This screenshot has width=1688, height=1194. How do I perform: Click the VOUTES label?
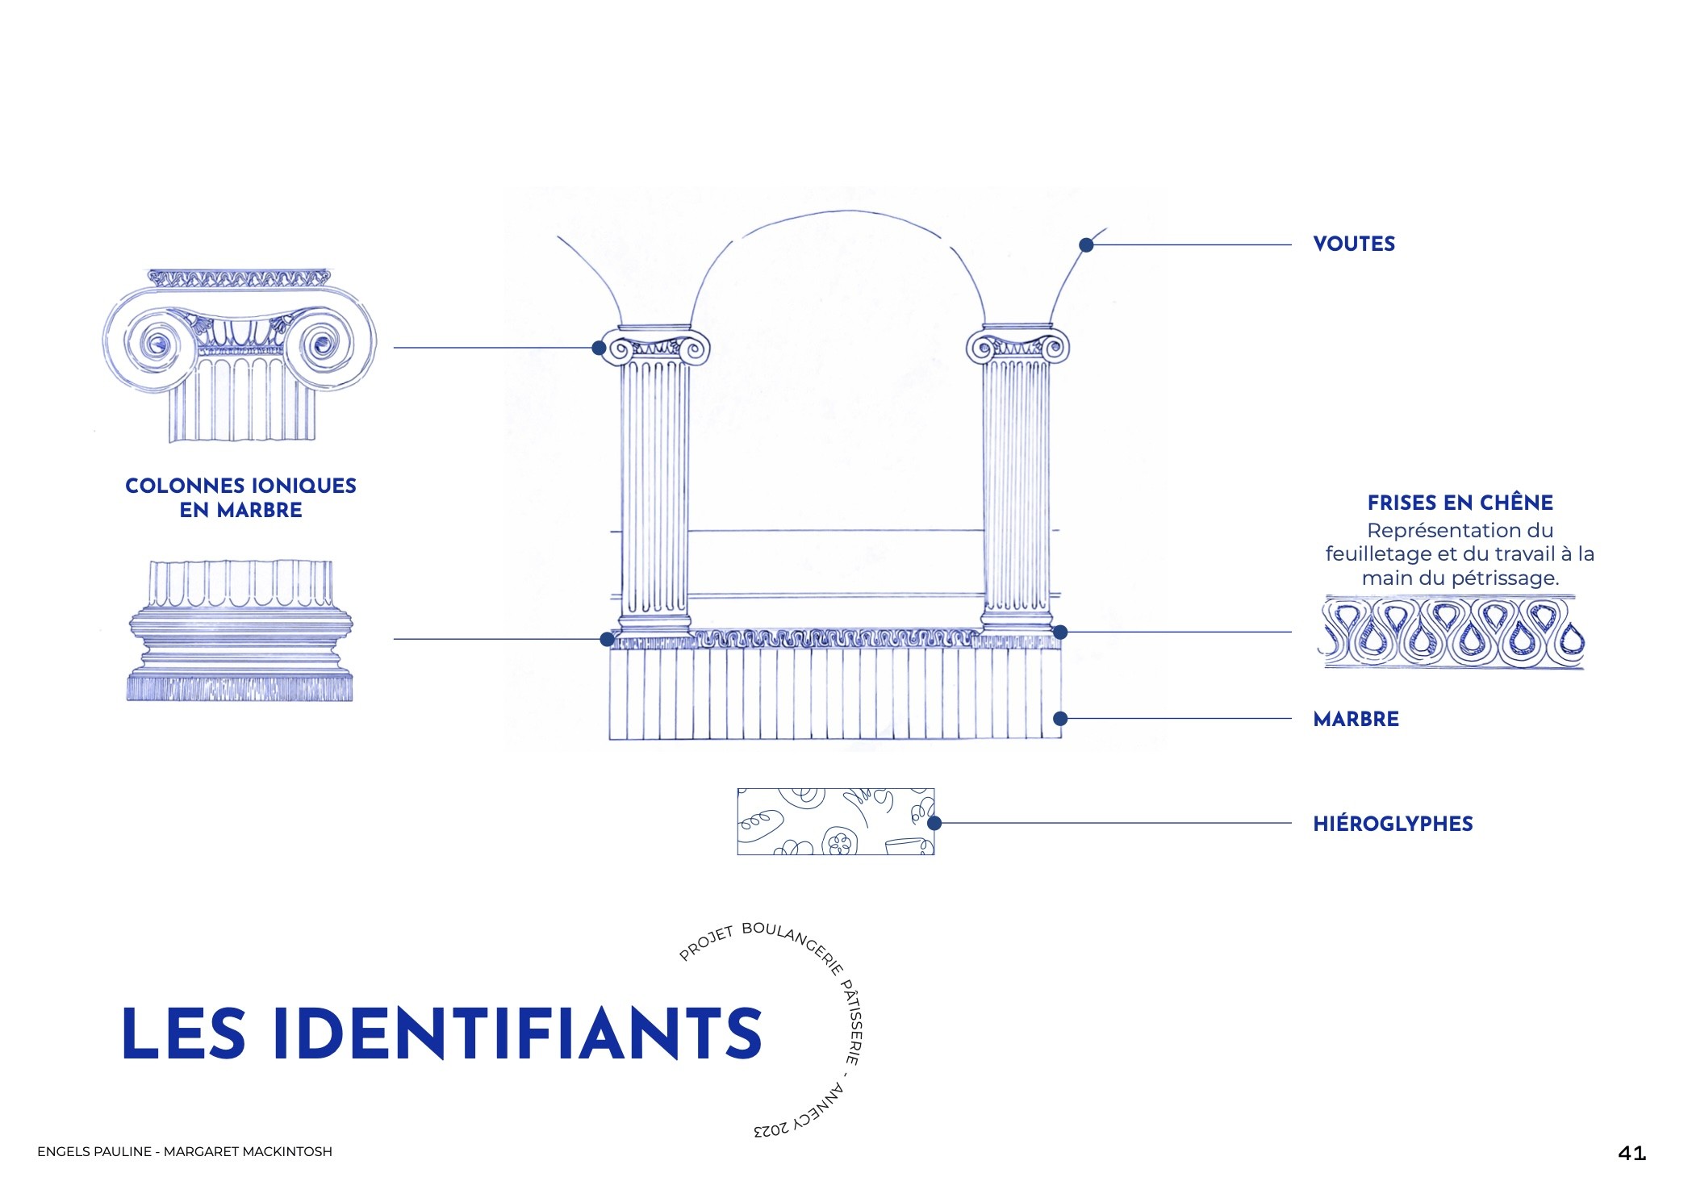(1353, 244)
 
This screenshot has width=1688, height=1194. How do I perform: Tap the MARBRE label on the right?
(1356, 719)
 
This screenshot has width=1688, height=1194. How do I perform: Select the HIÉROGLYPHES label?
(1393, 824)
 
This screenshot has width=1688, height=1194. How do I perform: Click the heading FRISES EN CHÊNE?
(1460, 503)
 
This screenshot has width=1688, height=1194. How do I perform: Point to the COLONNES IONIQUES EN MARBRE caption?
(240, 498)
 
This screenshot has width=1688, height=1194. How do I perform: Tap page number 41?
(1632, 1153)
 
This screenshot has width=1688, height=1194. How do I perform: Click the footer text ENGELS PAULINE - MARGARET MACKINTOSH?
(185, 1151)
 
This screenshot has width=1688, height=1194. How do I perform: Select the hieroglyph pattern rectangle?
(835, 821)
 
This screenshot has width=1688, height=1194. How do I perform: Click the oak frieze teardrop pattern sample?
(1451, 632)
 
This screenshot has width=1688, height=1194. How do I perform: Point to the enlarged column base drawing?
(240, 631)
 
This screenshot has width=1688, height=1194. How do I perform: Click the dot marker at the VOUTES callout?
(1086, 244)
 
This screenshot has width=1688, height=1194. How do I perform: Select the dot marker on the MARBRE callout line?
(1060, 718)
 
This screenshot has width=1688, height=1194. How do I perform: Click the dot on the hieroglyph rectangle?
(934, 823)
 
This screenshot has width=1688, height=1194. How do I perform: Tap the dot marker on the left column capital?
(599, 348)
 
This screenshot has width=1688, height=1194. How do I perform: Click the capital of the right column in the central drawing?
(1017, 344)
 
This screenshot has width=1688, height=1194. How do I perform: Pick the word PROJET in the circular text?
(706, 943)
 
